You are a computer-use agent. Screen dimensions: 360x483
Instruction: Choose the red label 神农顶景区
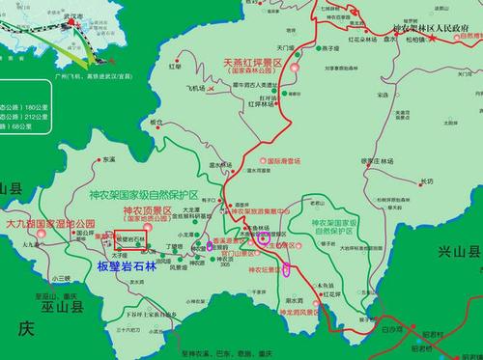(x=146, y=209)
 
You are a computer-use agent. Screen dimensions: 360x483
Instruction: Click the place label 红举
(x=176, y=66)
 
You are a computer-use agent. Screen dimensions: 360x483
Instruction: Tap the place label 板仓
(x=157, y=123)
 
